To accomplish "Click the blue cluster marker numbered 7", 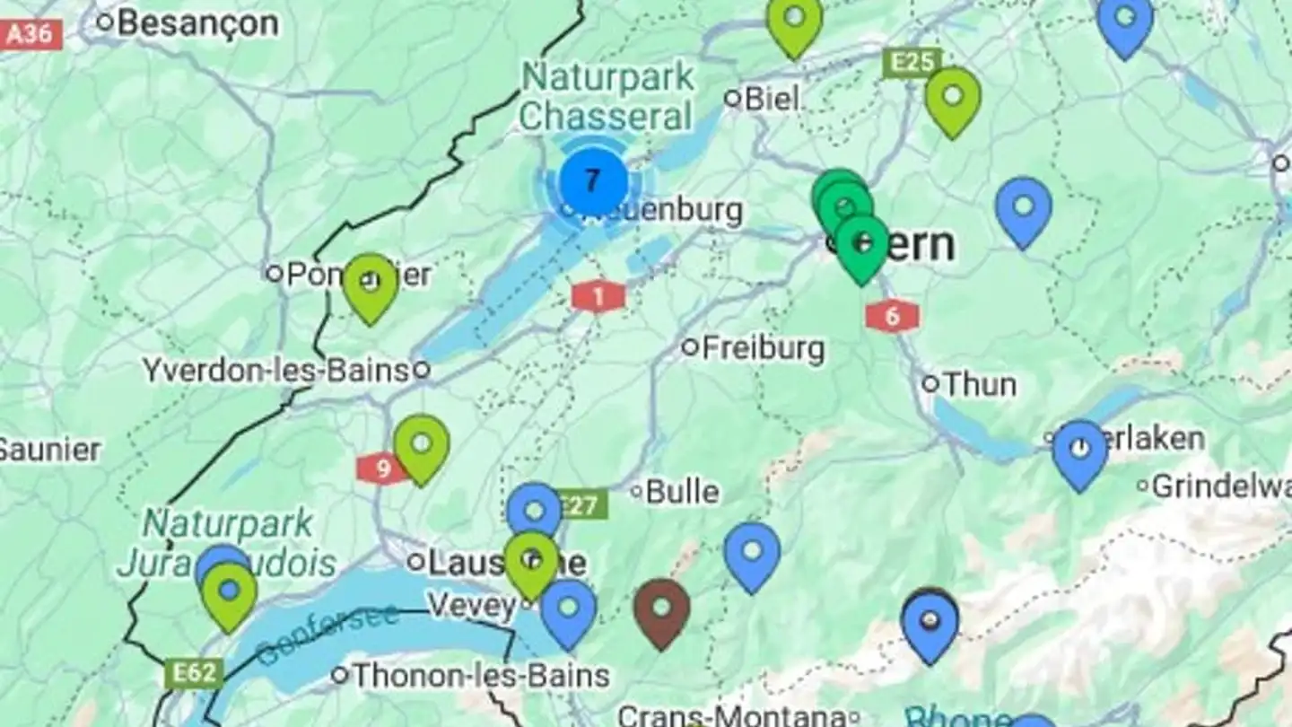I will [592, 181].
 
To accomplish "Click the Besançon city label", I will [197, 22].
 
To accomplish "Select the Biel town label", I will [772, 98].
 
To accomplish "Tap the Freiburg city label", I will [763, 347].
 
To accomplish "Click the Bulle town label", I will [682, 491].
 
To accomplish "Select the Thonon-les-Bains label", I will [481, 674].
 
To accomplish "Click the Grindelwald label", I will [1220, 486].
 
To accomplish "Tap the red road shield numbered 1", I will [598, 295].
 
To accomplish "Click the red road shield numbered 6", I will [892, 316].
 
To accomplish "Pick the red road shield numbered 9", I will [382, 468].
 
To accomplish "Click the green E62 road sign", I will [195, 673].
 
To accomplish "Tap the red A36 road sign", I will [32, 35].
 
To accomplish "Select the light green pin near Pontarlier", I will [370, 285].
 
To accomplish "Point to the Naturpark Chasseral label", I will [608, 96].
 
